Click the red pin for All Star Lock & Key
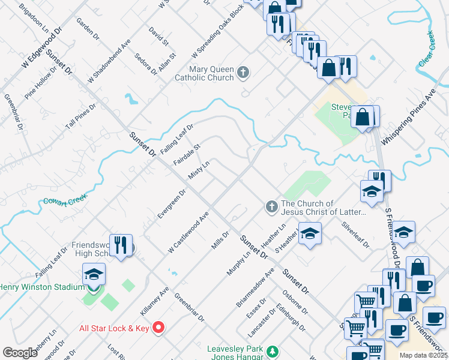158,327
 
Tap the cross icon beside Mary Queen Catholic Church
243,73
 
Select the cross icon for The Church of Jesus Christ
271,207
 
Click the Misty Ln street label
199,169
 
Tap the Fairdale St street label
186,154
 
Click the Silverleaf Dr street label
355,236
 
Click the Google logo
20,353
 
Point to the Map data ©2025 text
423,355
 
